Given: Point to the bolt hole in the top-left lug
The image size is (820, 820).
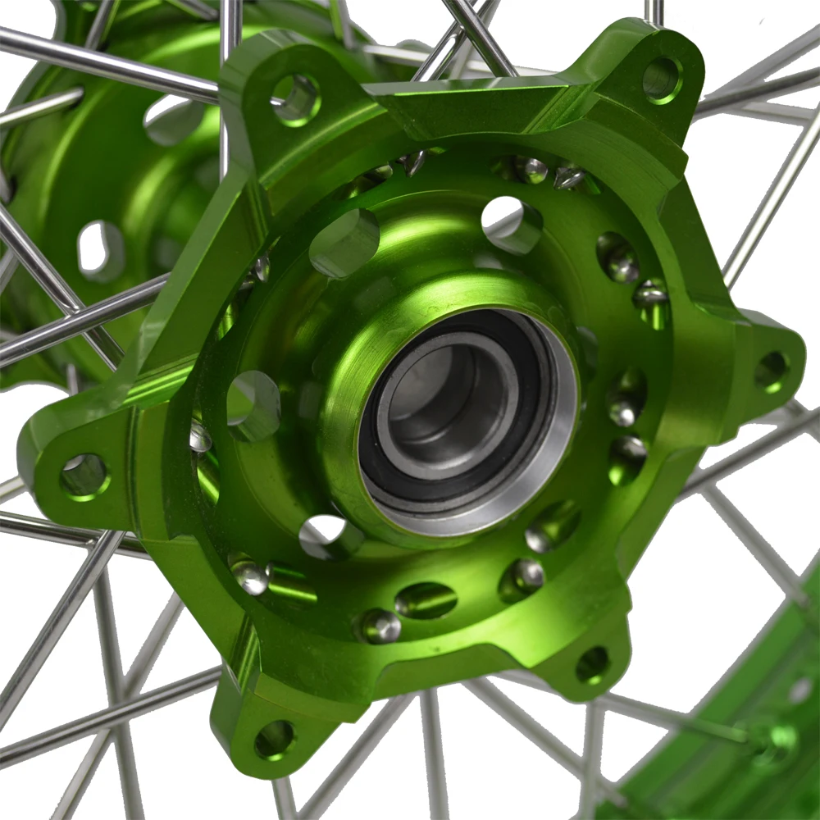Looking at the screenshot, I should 295,99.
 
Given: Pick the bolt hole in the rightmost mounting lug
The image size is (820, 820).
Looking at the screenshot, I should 771,371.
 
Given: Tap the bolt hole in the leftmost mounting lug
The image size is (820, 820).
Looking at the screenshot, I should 84,476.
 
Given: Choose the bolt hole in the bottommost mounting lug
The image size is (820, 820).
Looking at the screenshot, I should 275,740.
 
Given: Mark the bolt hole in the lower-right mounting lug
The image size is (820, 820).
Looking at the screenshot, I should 592,664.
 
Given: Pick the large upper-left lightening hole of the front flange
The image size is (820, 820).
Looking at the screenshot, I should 344,243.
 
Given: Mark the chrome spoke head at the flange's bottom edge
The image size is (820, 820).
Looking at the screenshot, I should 377,626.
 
